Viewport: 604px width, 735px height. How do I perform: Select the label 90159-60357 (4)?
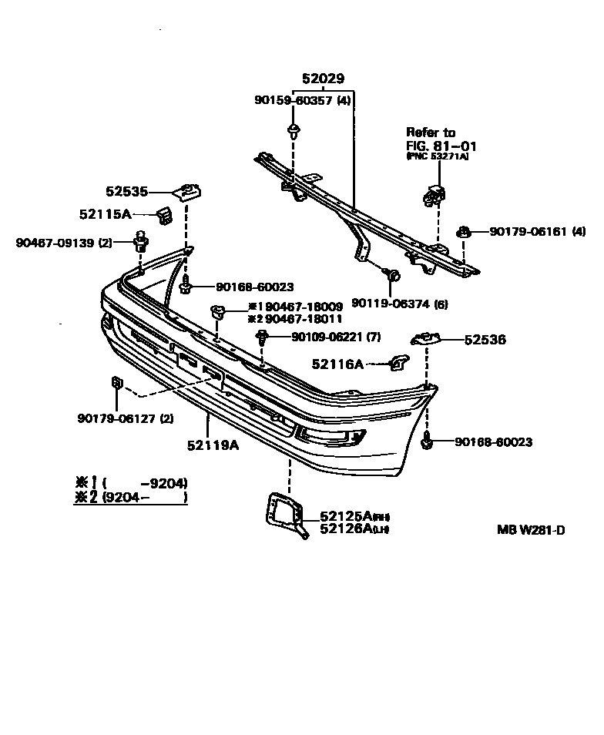(303, 100)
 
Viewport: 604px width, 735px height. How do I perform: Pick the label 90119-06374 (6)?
(399, 303)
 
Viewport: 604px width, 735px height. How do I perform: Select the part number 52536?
(485, 339)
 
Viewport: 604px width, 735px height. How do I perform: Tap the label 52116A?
(337, 364)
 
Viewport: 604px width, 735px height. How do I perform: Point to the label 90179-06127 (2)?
(126, 418)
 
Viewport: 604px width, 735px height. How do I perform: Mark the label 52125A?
(344, 515)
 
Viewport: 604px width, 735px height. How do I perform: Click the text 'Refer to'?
(431, 133)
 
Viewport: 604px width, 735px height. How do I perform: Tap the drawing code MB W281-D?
(531, 530)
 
